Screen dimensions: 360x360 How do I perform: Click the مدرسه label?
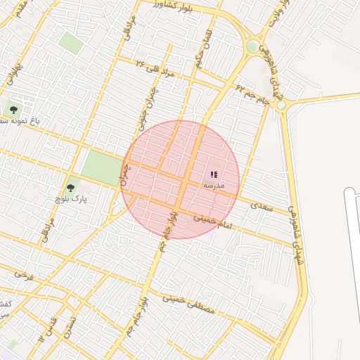[x=214, y=186]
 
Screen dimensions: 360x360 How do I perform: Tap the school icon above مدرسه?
[x=214, y=174]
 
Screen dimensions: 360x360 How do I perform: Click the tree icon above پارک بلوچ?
[x=70, y=188]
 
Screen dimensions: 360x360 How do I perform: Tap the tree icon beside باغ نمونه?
[x=12, y=109]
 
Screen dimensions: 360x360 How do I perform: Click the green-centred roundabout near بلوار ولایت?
[x=252, y=46]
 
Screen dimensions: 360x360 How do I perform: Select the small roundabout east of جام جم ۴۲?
[x=282, y=105]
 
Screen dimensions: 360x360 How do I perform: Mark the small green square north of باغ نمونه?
[x=70, y=41]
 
